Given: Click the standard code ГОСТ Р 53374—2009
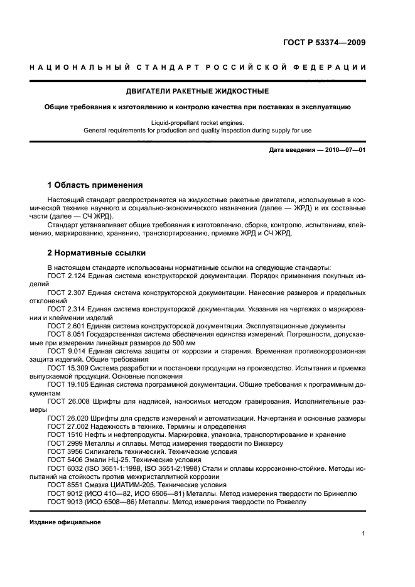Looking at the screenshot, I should pyautogui.click(x=321, y=43).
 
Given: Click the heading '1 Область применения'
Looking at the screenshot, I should pyautogui.click(x=95, y=185).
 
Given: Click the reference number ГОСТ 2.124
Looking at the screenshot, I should pyautogui.click(x=65, y=276).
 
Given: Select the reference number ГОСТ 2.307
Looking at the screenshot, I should pyautogui.click(x=65, y=293).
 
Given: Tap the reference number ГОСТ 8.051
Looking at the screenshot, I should pyautogui.click(x=65, y=334).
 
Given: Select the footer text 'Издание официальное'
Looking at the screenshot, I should pyautogui.click(x=65, y=522).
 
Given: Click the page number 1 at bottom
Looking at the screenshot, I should pyautogui.click(x=364, y=534).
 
